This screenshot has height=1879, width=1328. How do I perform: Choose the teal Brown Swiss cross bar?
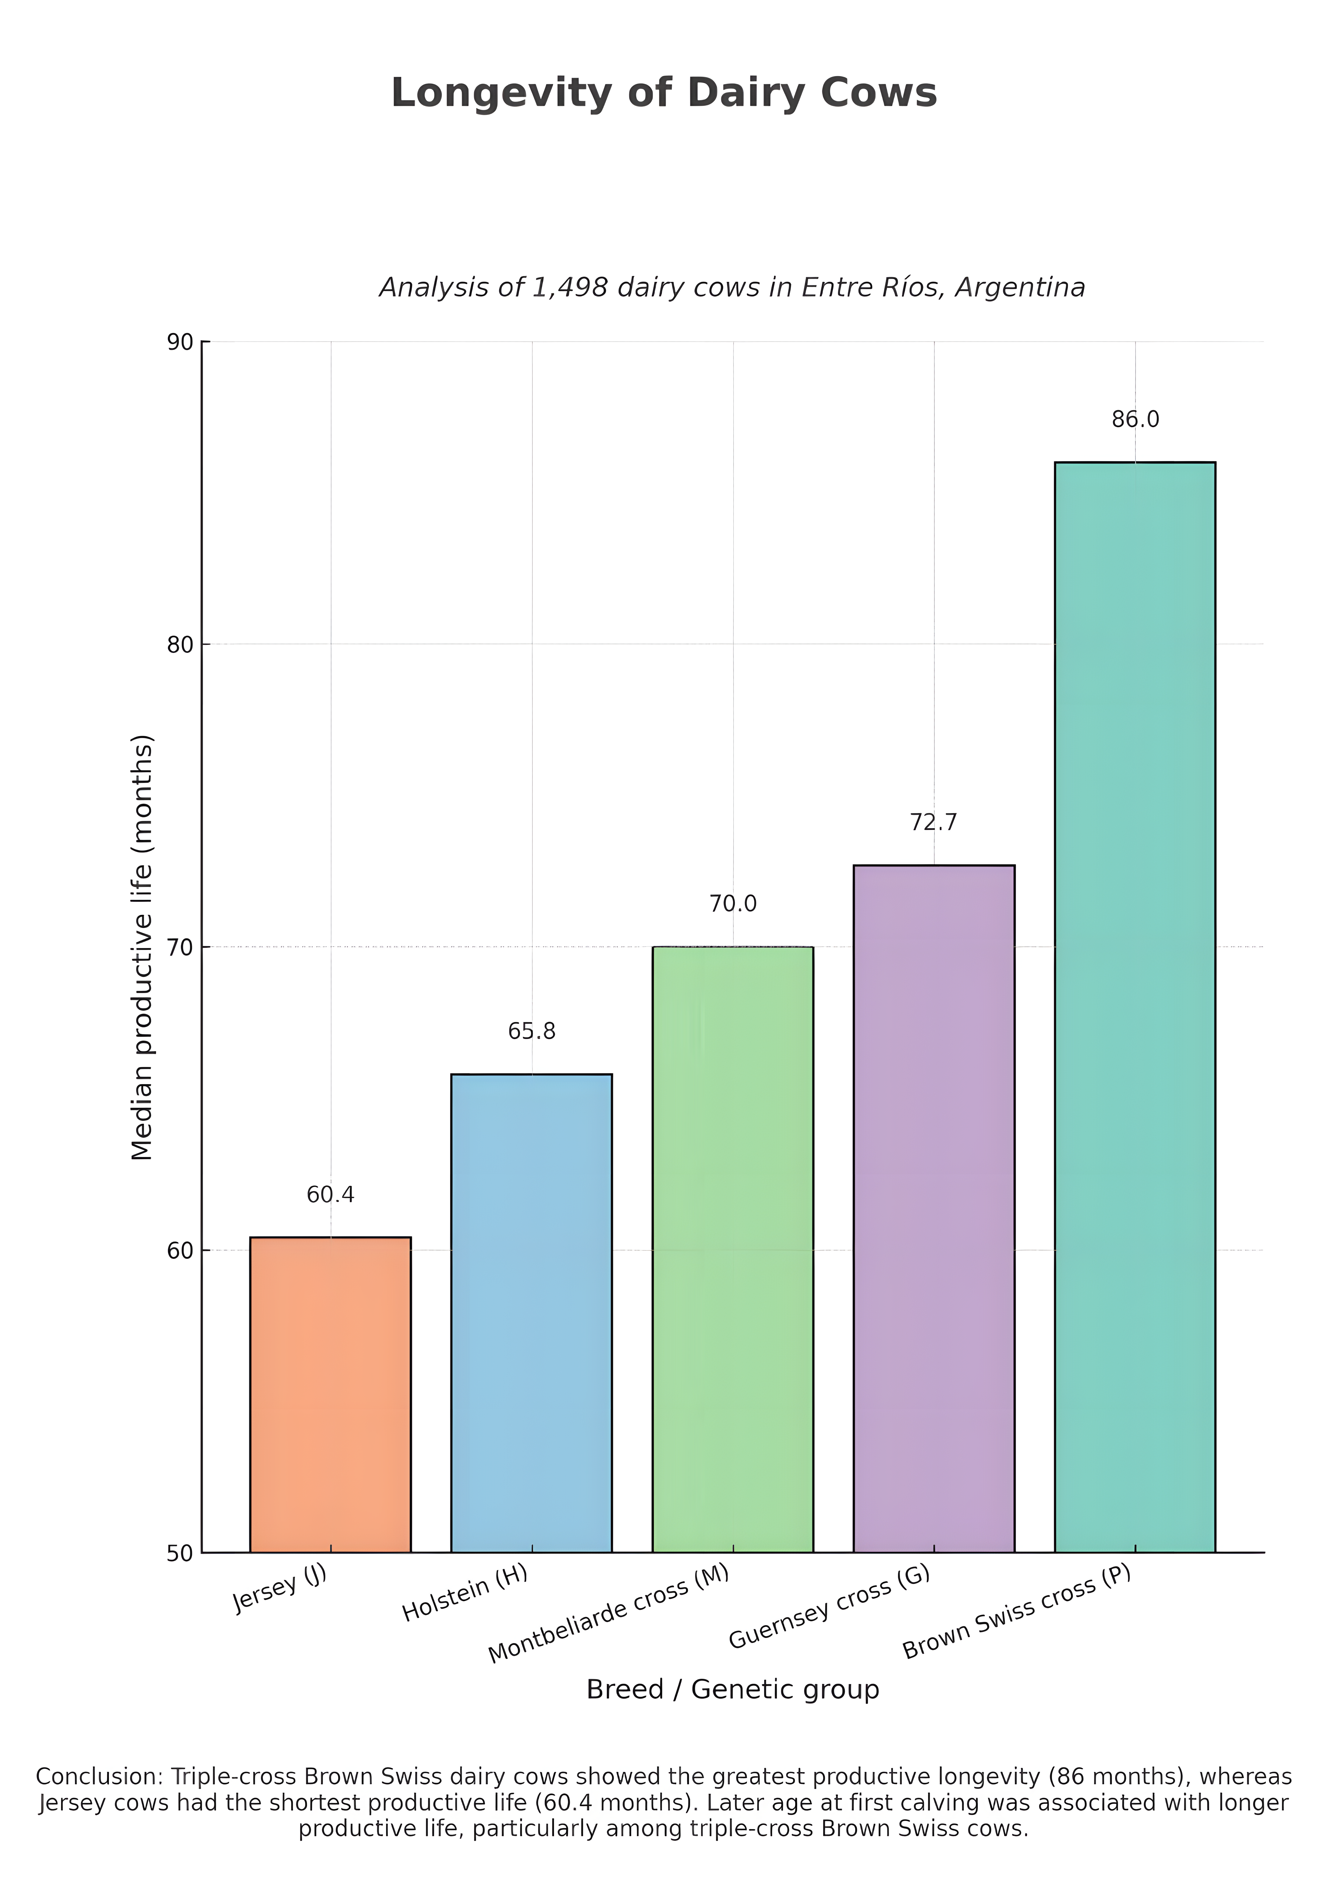click(1135, 1007)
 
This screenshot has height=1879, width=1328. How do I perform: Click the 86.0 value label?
click(1135, 420)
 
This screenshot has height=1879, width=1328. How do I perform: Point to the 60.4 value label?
click(331, 1195)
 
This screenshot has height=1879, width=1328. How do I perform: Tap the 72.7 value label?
click(933, 822)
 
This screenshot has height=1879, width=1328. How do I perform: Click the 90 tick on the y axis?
click(180, 342)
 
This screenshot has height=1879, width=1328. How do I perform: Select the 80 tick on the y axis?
click(180, 645)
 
